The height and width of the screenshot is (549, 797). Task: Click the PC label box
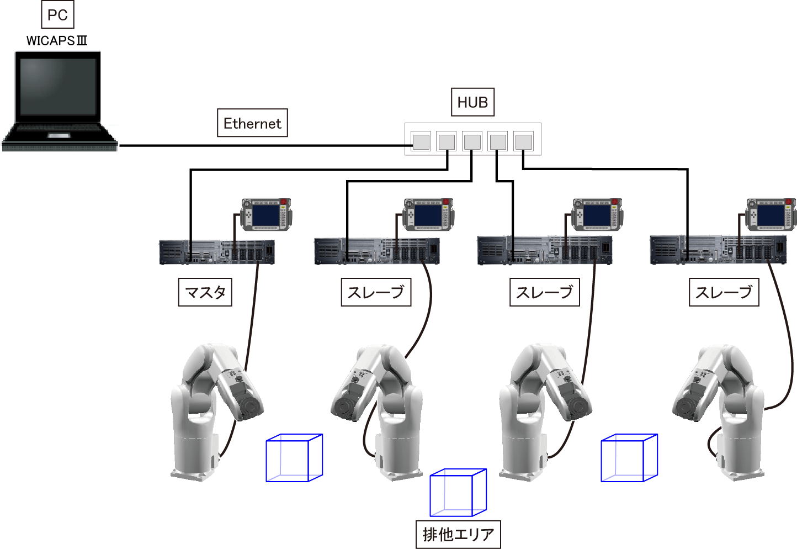[57, 15]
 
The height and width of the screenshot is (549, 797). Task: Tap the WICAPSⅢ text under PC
[57, 41]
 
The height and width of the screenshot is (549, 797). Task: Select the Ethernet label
[252, 123]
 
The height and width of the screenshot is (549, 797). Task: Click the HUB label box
[472, 102]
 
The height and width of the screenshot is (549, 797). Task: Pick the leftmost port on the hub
[421, 141]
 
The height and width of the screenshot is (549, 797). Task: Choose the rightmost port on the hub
[523, 141]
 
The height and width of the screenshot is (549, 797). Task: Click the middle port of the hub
[472, 141]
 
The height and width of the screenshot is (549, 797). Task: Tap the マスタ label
[205, 292]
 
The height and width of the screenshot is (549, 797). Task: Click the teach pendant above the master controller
[266, 214]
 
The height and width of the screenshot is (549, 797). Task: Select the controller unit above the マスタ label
[216, 252]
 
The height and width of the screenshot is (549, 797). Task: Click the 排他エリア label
[458, 534]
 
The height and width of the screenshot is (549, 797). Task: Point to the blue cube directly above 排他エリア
[458, 493]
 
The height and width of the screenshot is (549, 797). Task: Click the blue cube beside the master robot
[294, 458]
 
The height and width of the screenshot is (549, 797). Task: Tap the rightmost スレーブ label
[724, 292]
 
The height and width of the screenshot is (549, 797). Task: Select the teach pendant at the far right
[771, 214]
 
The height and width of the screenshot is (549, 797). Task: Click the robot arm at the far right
[718, 409]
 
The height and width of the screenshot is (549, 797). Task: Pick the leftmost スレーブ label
[376, 292]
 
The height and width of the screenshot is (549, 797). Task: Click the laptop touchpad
[59, 135]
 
